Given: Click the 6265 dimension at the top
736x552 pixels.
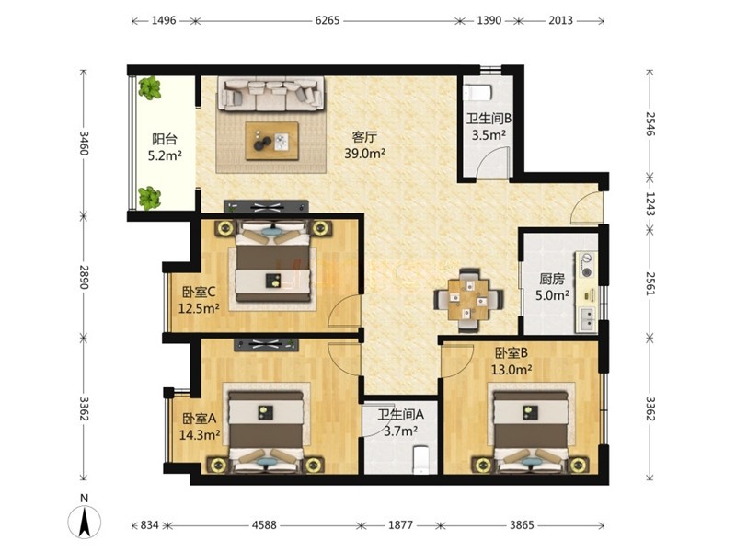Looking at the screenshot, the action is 328,20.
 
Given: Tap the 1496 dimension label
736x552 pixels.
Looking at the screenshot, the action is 164,20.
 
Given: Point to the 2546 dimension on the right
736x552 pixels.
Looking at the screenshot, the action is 650,123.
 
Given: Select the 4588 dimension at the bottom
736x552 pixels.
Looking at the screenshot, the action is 264,524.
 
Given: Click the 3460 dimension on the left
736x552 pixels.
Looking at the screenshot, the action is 84,143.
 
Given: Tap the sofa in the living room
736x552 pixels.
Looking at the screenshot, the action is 270,94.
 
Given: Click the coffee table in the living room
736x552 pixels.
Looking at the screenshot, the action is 272,141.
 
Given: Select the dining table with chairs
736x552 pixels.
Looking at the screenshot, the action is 468,300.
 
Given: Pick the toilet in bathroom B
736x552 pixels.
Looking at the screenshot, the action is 477,93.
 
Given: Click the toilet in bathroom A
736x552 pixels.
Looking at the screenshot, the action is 420,459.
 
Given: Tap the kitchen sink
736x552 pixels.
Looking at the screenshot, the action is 587,319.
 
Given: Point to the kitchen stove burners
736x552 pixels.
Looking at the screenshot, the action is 587,264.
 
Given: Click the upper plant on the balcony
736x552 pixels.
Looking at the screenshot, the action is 149,88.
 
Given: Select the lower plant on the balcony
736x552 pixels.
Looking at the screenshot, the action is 149,198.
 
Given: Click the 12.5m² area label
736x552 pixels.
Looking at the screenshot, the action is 200,308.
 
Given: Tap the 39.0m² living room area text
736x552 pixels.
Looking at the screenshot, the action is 365,153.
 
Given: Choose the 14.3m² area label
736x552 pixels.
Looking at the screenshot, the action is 200,434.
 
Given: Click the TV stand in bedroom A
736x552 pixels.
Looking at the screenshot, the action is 266,344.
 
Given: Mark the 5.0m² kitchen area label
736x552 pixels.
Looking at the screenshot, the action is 553,295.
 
